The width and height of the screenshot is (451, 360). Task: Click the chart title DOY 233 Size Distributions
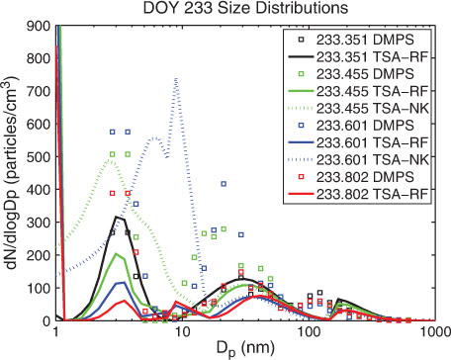point(245,8)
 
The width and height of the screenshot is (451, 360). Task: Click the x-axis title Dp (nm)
point(245,347)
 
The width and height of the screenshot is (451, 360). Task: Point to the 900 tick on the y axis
point(38,26)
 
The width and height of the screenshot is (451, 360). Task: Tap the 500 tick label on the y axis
point(38,157)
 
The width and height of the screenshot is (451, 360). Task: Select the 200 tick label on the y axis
point(38,255)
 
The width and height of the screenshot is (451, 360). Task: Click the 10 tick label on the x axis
point(182,331)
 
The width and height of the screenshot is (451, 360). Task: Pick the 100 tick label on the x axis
point(309,331)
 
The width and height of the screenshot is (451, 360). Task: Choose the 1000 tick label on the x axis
point(435,331)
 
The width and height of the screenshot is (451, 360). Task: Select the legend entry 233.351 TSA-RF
point(359,56)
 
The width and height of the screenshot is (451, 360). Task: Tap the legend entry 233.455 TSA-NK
point(359,108)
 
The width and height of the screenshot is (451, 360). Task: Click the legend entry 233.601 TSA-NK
point(359,159)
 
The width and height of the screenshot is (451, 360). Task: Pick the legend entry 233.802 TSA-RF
point(359,194)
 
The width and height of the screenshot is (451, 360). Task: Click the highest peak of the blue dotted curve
point(176,78)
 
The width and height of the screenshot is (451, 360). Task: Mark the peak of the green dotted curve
point(111,160)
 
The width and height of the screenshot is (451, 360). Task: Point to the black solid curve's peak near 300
point(117,217)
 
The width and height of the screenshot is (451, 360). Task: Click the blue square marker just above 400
point(224,184)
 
